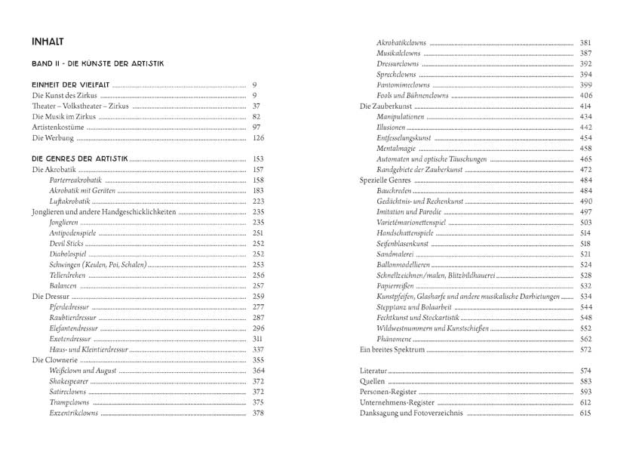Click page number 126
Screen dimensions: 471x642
click(258, 139)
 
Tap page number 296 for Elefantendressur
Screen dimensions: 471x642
click(258, 329)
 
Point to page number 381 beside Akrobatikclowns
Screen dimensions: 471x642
click(585, 42)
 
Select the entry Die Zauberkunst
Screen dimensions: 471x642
click(384, 106)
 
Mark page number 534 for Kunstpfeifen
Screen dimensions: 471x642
click(585, 297)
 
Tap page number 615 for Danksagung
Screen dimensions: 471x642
click(585, 414)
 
